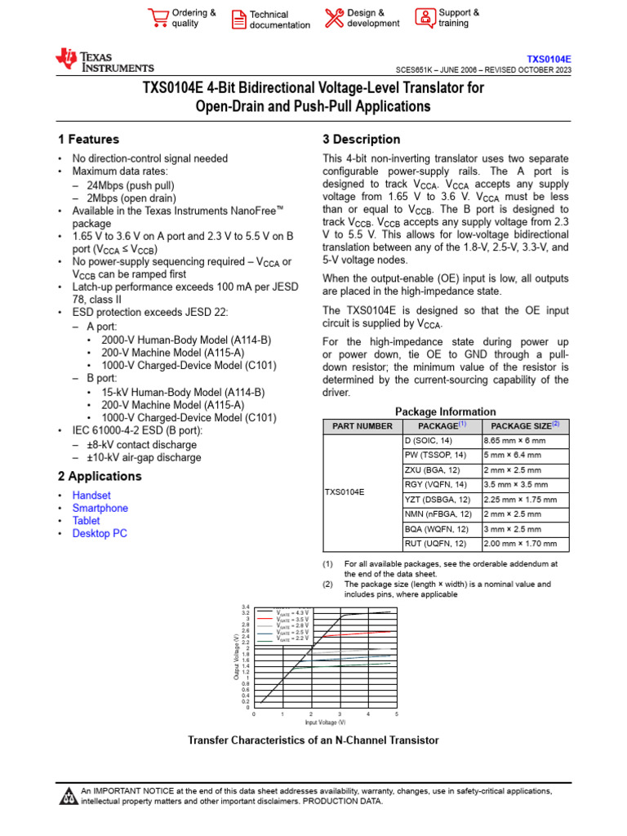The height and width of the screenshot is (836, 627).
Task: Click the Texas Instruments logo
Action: point(104,60)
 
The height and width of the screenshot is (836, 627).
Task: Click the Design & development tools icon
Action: point(334,18)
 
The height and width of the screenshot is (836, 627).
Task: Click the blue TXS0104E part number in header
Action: point(549,60)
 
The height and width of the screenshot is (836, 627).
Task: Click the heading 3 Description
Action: point(362,140)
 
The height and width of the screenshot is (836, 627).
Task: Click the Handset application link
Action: point(91,496)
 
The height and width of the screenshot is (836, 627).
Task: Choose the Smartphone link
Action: point(100,508)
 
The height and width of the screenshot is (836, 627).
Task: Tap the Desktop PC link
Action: point(100,533)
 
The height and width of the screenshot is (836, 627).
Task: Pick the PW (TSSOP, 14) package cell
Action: point(435,455)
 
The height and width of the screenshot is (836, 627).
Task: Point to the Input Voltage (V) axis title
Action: point(325,723)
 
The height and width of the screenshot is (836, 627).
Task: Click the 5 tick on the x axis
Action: point(396,714)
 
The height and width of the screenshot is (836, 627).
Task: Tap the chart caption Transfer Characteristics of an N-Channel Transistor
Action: point(313,740)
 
